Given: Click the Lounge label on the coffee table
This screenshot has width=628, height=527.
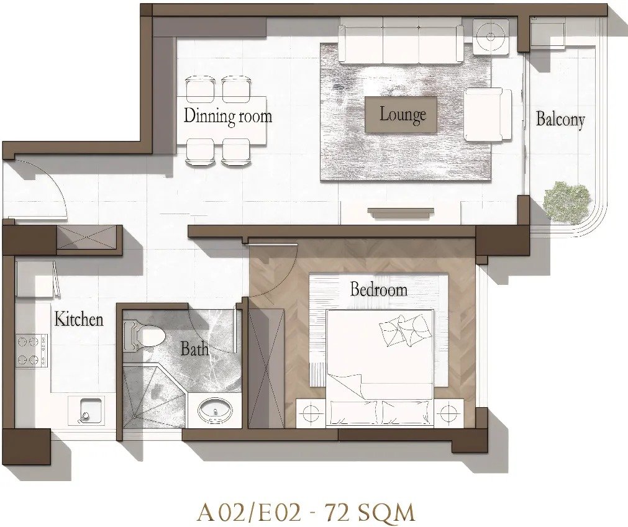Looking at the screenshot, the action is tap(403, 115).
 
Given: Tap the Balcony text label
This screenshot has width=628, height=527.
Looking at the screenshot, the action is tap(560, 119).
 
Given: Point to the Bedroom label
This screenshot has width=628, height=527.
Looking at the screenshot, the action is tap(378, 289).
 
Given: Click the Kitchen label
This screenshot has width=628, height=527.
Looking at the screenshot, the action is tap(79, 319).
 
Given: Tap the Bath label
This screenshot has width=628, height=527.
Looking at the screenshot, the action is tap(194, 348).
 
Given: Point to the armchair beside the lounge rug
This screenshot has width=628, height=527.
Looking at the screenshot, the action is tap(488, 115).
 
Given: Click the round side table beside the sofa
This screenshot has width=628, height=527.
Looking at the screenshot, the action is tap(491, 37).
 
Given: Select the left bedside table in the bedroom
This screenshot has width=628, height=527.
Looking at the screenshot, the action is tap(310, 413).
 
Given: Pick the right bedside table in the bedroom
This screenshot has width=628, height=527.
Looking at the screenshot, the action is tap(448, 413).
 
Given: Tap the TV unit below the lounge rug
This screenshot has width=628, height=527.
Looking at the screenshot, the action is tap(401, 213).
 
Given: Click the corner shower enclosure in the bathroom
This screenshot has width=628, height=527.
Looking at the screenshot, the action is tap(153, 395).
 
